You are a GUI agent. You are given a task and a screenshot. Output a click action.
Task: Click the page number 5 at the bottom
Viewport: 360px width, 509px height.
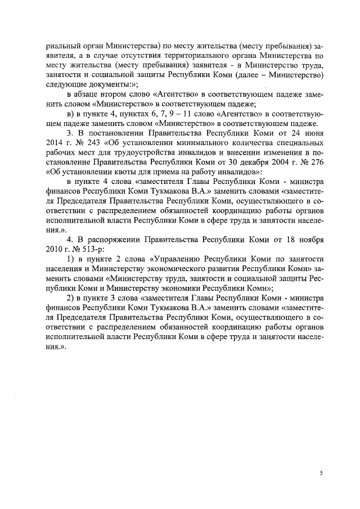tap(321, 474)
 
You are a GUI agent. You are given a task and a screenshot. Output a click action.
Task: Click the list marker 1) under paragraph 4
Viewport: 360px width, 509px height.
tap(71, 258)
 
